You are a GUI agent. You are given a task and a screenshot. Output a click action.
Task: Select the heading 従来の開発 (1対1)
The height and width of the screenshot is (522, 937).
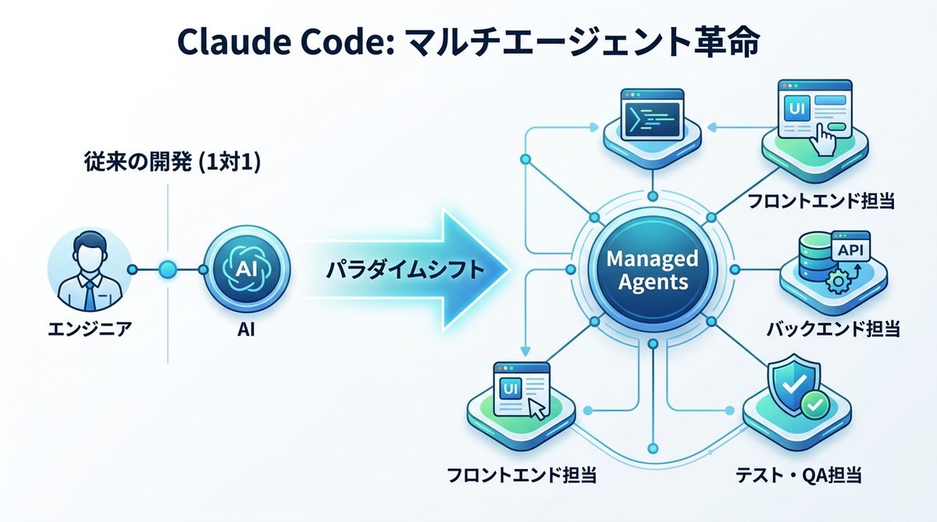point(173,163)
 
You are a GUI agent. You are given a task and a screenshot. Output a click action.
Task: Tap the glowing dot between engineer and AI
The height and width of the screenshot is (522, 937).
point(167,270)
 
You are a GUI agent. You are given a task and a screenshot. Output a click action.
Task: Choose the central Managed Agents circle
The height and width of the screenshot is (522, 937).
point(653,270)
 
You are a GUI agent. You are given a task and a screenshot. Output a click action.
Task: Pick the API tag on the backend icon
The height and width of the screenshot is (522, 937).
point(852,250)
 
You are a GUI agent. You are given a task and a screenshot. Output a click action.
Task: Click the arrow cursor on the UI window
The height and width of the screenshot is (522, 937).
point(536,408)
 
